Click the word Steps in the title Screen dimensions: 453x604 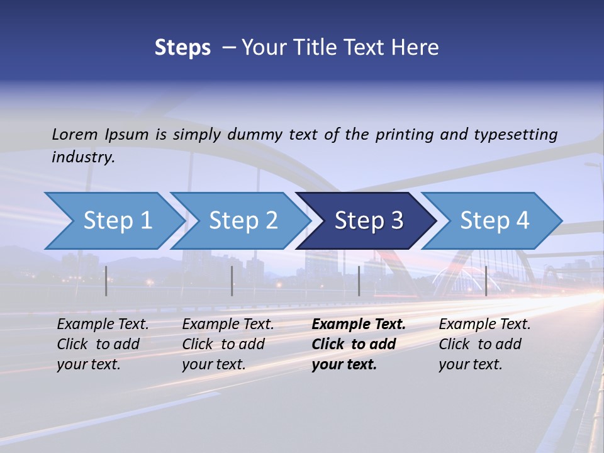pos(182,48)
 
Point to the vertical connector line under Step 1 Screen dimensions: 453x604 pos(106,281)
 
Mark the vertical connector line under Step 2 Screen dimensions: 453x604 pos(232,281)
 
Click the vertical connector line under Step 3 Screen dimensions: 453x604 pos(359,281)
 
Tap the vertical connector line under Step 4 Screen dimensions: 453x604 pos(486,281)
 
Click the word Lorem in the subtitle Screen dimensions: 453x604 pos(75,134)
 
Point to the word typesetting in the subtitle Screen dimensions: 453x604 pos(515,134)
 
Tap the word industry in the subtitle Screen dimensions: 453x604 pos(83,157)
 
